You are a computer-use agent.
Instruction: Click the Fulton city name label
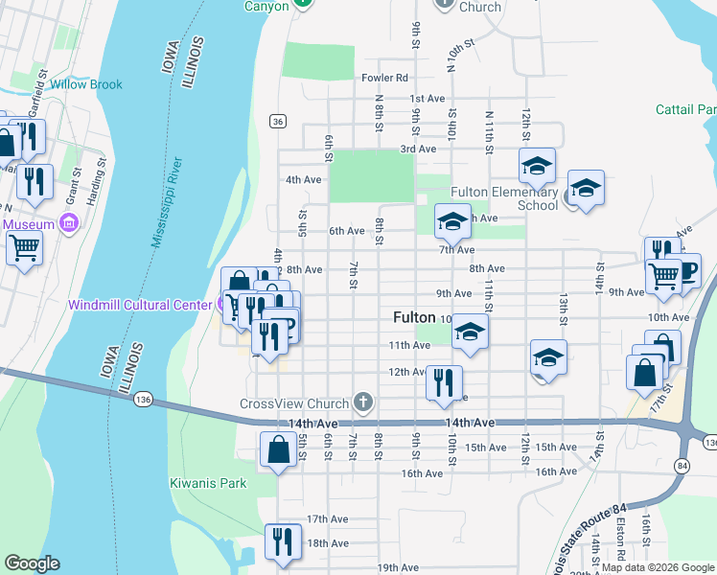[414, 316]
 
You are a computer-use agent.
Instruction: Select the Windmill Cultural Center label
[139, 305]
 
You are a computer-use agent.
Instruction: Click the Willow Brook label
[86, 84]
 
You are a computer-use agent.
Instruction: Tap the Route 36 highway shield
[277, 121]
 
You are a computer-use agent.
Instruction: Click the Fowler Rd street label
[384, 78]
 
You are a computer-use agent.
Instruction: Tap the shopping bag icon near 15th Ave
[278, 448]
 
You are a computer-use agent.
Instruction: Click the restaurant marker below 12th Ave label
[444, 380]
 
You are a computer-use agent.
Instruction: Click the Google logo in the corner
[32, 563]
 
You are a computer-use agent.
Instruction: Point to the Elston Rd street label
[621, 550]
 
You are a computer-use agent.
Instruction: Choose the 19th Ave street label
[400, 568]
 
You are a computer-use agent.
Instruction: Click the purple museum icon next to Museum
[68, 224]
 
